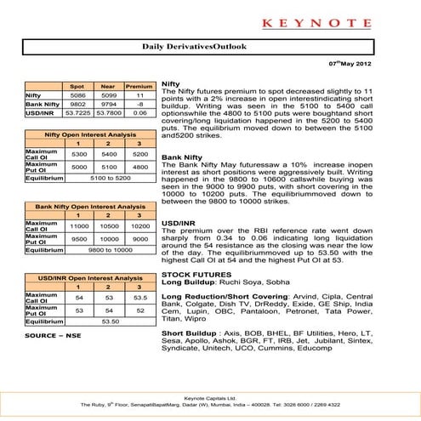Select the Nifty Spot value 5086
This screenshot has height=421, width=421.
tap(76, 96)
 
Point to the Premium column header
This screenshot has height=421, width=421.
tap(138, 87)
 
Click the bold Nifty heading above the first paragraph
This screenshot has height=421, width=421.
tap(170, 85)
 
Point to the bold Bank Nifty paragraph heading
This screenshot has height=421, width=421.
tap(181, 158)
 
